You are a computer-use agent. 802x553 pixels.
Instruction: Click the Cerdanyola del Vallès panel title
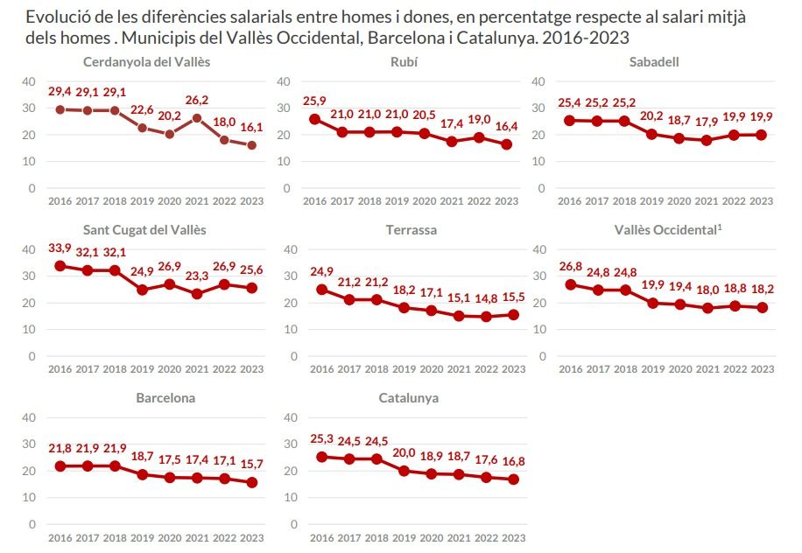pyautogui.click(x=146, y=61)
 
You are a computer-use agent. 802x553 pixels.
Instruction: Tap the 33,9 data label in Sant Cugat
pyautogui.click(x=59, y=248)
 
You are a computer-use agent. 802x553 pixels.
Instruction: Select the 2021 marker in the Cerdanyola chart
pyautogui.click(x=198, y=118)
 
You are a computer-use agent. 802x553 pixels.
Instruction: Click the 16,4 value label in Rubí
pyautogui.click(x=506, y=126)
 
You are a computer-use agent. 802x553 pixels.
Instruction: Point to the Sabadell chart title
pyautogui.click(x=653, y=61)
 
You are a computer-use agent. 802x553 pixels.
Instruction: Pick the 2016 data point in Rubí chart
pyautogui.click(x=315, y=119)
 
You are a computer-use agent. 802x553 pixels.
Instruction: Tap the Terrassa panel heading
pyautogui.click(x=411, y=230)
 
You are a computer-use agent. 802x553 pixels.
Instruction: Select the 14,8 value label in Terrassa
pyautogui.click(x=478, y=298)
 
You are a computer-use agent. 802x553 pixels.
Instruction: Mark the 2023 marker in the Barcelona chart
pyautogui.click(x=251, y=482)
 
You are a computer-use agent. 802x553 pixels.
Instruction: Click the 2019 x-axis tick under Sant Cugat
pyautogui.click(x=142, y=369)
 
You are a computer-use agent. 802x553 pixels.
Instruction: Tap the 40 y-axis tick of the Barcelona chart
pyautogui.click(x=28, y=417)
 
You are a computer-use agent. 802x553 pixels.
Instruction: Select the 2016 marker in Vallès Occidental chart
pyautogui.click(x=570, y=284)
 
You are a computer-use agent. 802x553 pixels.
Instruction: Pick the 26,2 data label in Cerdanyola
pyautogui.click(x=198, y=100)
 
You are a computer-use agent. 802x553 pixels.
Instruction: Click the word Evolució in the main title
pyautogui.click(x=56, y=17)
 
